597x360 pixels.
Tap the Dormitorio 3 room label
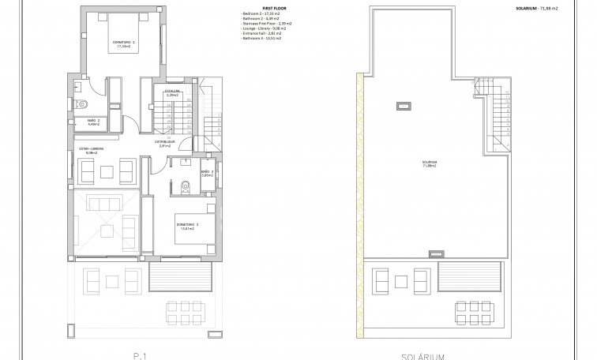[187, 227]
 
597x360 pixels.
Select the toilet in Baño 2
[81, 104]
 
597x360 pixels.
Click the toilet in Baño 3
[186, 186]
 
